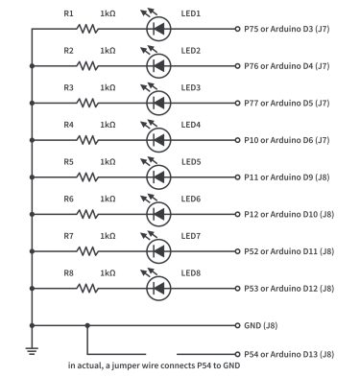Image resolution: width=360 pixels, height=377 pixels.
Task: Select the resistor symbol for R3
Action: pyautogui.click(x=86, y=103)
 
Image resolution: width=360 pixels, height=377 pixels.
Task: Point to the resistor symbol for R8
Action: pyautogui.click(x=86, y=287)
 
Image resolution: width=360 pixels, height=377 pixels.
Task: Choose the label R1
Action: pyautogui.click(x=68, y=13)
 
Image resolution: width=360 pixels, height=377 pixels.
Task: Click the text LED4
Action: pyautogui.click(x=190, y=125)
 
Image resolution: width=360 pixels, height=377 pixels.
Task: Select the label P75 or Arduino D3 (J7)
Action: pyautogui.click(x=287, y=30)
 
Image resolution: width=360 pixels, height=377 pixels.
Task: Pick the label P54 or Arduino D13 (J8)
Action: pyautogui.click(x=289, y=354)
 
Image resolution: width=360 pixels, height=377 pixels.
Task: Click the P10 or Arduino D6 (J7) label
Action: pyautogui.click(x=287, y=140)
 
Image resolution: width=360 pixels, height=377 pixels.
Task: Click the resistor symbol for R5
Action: pyautogui.click(x=86, y=177)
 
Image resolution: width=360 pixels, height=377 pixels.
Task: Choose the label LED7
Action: pyautogui.click(x=190, y=235)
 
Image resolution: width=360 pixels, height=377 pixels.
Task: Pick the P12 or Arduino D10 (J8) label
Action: pyautogui.click(x=289, y=214)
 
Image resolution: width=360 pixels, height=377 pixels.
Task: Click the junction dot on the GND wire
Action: pyautogui.click(x=88, y=324)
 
